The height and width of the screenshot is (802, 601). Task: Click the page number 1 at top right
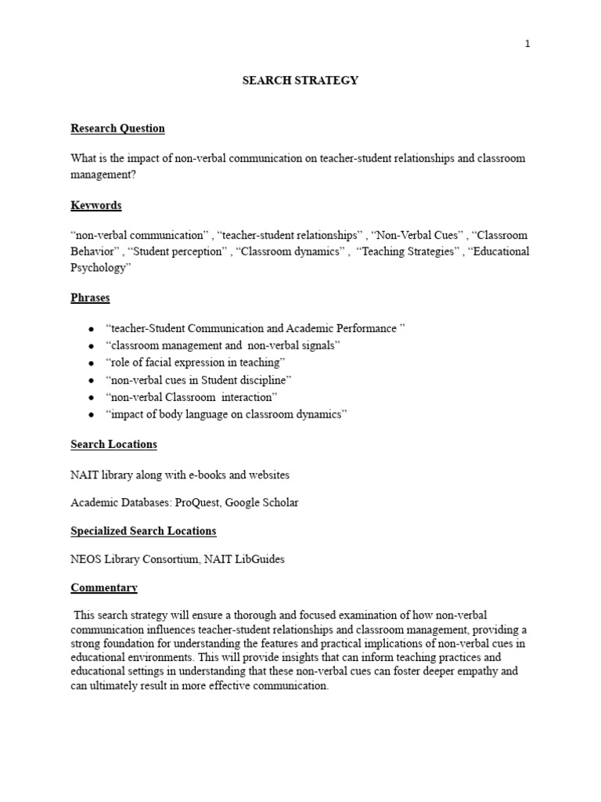click(x=527, y=44)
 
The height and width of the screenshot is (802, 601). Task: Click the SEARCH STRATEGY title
click(x=300, y=81)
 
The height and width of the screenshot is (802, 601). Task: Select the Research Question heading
click(x=117, y=128)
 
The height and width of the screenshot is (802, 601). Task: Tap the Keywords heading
click(x=96, y=205)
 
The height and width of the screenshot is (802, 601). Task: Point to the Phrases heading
click(x=90, y=298)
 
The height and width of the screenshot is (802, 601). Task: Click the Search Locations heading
click(x=113, y=444)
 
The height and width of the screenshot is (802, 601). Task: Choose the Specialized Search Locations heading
click(x=143, y=531)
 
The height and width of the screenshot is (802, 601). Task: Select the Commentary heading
click(x=104, y=587)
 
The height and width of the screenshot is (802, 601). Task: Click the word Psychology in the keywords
click(x=98, y=268)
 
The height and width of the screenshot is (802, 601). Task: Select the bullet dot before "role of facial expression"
click(x=92, y=363)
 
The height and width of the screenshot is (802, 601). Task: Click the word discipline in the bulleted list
click(x=265, y=381)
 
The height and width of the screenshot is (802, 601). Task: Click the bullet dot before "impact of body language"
click(x=92, y=415)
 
